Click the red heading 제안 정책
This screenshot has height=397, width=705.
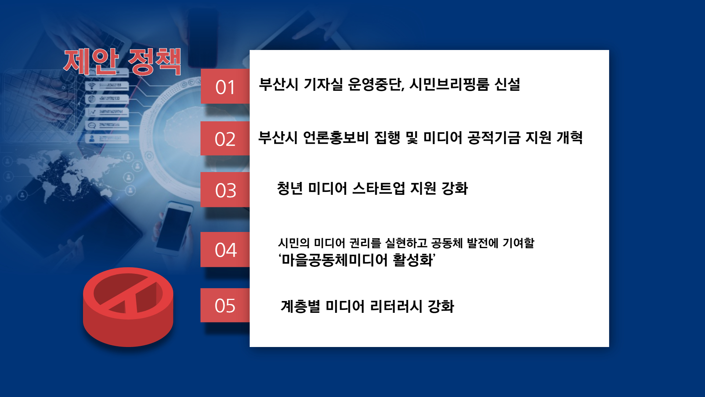coord(122,61)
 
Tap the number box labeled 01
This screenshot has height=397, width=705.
coord(225,86)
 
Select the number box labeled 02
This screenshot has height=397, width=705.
coord(225,139)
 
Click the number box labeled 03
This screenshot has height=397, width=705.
coord(225,190)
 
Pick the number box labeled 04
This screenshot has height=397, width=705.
coord(225,250)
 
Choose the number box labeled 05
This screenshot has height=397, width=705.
coord(225,305)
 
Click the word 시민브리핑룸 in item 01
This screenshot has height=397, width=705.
coord(449,85)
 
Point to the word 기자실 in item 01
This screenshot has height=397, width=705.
coord(323,85)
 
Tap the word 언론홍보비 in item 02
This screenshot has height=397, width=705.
coord(336,137)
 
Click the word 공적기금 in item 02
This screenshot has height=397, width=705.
coord(494,137)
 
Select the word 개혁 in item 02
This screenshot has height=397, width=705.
coord(570,137)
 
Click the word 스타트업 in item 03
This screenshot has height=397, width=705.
coord(379,188)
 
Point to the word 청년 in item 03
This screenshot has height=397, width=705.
coord(290,188)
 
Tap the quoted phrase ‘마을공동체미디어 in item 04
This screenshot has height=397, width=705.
coord(333,260)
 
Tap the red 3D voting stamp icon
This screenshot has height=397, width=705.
coord(128,307)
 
